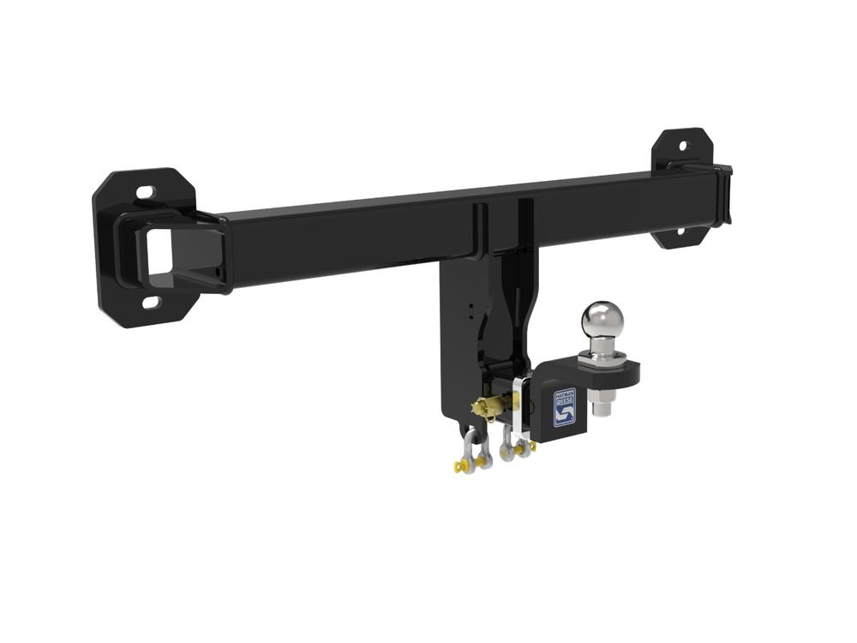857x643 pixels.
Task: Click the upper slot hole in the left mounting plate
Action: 146,192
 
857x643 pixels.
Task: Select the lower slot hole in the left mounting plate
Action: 151,303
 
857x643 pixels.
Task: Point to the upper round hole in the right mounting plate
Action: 683,142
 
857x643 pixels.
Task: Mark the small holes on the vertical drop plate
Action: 470,309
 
